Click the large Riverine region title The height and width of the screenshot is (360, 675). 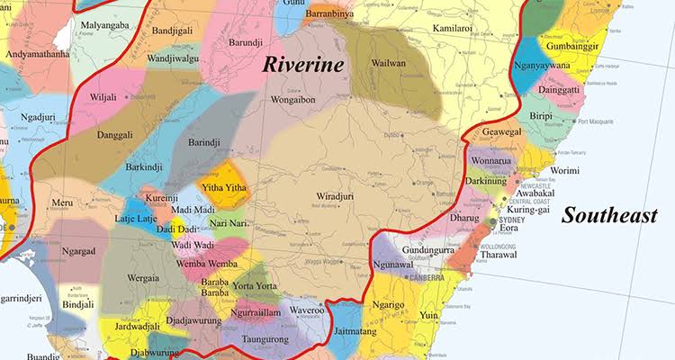(302, 65)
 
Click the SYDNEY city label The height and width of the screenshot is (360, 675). (510, 220)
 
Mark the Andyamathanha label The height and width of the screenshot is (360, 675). (38, 54)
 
